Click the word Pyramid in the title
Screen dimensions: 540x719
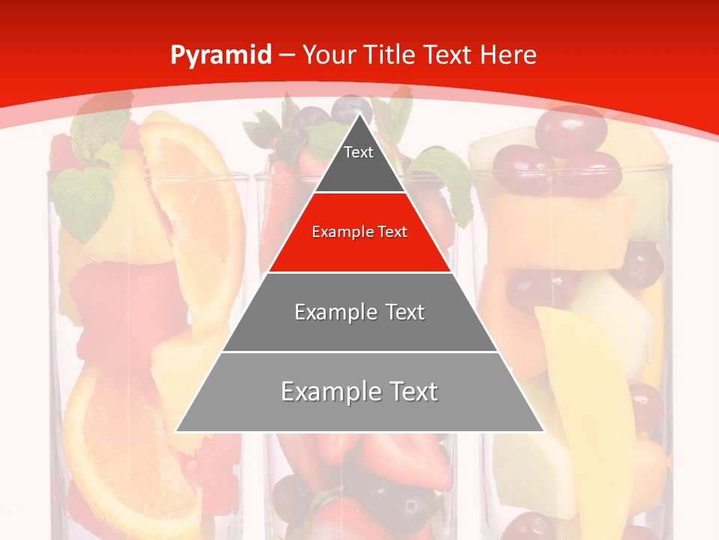coord(220,55)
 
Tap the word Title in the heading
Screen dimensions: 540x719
coord(391,55)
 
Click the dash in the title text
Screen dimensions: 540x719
coord(287,55)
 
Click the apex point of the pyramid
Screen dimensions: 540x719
coord(359,114)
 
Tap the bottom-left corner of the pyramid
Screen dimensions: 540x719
coord(177,431)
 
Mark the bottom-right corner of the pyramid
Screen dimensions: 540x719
coord(543,431)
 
